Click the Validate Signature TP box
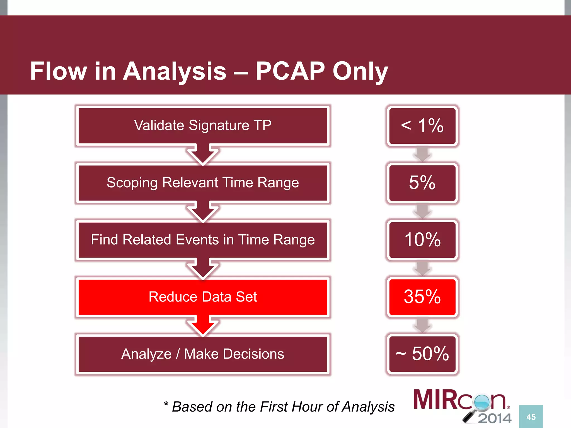(203, 125)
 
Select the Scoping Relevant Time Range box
(203, 183)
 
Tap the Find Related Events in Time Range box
(203, 240)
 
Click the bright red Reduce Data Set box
(203, 297)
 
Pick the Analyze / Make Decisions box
(203, 354)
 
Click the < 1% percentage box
(422, 126)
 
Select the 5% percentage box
(422, 183)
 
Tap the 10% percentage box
(422, 240)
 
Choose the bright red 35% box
(422, 297)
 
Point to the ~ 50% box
(422, 354)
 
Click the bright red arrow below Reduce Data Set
(203, 325)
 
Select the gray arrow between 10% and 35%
(422, 268)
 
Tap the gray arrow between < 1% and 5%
(422, 154)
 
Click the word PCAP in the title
(290, 71)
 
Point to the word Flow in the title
(58, 71)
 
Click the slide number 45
(531, 417)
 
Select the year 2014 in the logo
(495, 418)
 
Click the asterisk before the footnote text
(166, 404)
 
